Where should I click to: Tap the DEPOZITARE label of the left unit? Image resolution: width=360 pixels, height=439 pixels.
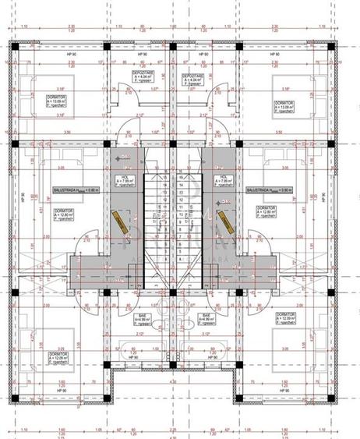tap(146, 76)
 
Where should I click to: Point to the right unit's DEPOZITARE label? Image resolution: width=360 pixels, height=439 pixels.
tap(194, 76)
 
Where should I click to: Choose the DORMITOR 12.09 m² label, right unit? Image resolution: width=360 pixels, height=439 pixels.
tap(286, 320)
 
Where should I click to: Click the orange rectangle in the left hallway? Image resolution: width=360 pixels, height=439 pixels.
tap(122, 222)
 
